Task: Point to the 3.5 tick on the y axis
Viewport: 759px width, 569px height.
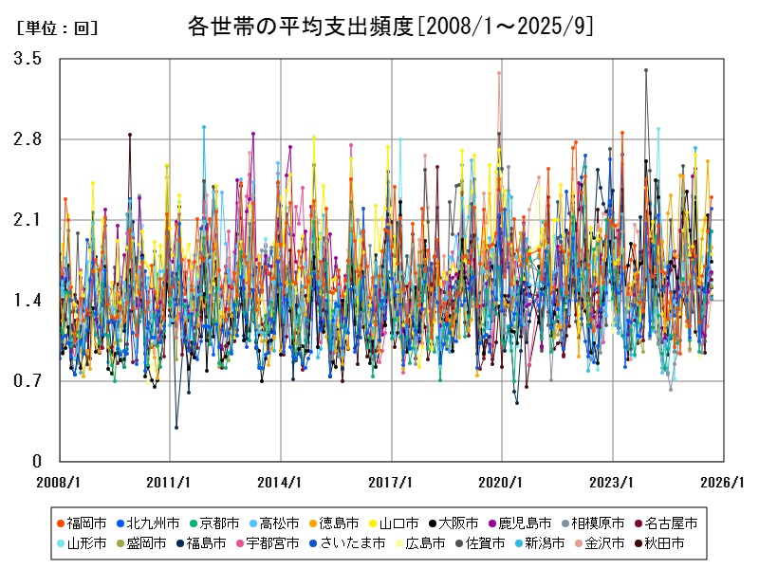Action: (28, 59)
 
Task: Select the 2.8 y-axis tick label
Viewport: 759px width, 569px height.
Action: (28, 139)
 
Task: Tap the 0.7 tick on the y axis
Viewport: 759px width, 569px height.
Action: (28, 381)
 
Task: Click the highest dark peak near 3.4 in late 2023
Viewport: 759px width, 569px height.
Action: (646, 70)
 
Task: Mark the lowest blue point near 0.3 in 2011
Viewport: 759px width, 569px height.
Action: (176, 428)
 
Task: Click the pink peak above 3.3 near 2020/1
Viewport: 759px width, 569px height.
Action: (499, 73)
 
